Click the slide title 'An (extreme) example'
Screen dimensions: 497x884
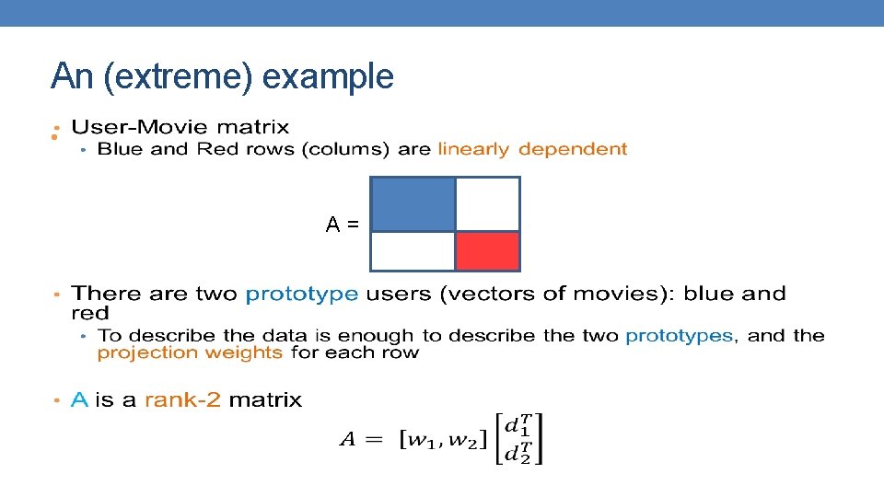(x=222, y=76)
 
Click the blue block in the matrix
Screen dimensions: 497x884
(x=413, y=204)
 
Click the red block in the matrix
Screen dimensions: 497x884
(x=487, y=251)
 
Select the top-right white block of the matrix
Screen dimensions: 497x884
(x=488, y=204)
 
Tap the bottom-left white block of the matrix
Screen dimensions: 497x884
(x=413, y=251)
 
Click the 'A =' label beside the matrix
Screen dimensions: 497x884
(x=342, y=224)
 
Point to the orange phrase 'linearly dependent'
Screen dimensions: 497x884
(x=532, y=149)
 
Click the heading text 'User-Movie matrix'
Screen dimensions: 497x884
(x=180, y=127)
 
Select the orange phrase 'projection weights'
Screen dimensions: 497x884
(x=190, y=353)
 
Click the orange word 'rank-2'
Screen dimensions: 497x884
(x=182, y=399)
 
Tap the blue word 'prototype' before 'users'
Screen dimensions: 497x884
(x=302, y=295)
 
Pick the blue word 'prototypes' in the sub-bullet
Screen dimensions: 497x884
(x=679, y=336)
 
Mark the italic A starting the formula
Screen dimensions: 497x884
(x=347, y=439)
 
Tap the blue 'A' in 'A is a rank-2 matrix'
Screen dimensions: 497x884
(x=80, y=399)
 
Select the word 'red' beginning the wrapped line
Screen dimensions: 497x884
(x=89, y=314)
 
